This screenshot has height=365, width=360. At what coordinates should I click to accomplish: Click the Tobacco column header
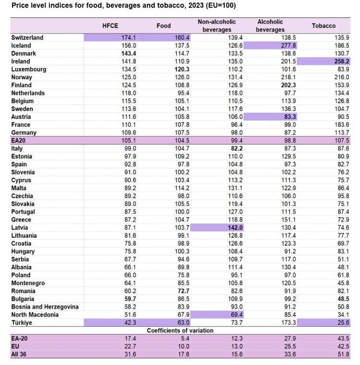click(324, 25)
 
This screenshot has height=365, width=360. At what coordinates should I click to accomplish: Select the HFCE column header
click(110, 25)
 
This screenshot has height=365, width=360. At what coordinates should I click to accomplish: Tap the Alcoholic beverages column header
click(270, 25)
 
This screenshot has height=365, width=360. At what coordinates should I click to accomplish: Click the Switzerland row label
click(27, 37)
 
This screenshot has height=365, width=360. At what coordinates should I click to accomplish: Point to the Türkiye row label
click(22, 323)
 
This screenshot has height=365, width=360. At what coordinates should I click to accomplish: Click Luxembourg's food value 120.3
click(180, 69)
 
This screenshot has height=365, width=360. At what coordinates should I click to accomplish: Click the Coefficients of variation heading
click(180, 330)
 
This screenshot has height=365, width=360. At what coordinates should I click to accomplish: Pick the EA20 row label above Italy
click(19, 140)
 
